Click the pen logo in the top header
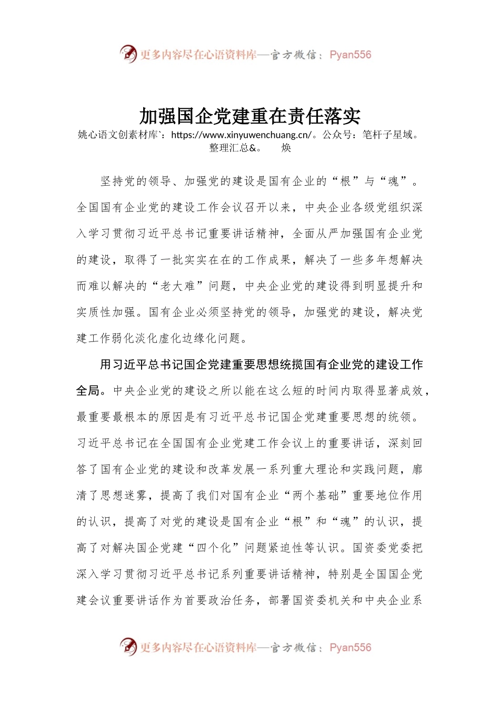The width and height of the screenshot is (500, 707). (x=128, y=54)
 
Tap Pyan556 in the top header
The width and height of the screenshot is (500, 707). (x=350, y=55)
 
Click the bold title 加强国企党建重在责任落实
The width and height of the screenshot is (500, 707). (x=250, y=116)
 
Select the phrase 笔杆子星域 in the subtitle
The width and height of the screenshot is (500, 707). (x=387, y=135)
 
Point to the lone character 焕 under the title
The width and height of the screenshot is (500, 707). (x=286, y=148)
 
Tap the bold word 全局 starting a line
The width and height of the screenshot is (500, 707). (x=88, y=391)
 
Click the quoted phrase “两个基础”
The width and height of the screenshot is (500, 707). (x=316, y=496)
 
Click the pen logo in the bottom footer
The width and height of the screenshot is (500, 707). (x=128, y=647)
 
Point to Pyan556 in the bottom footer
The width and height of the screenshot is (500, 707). (x=350, y=648)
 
